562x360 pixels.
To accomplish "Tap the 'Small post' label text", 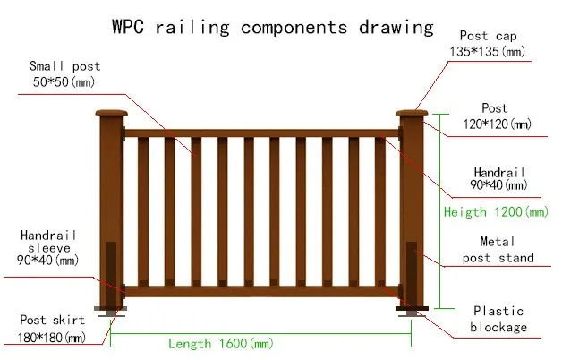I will pyautogui.click(x=65, y=66).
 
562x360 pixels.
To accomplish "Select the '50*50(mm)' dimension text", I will pyautogui.click(x=64, y=82).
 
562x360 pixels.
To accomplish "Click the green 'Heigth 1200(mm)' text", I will pyautogui.click(x=496, y=212).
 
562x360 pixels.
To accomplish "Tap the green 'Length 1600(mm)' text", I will pyautogui.click(x=220, y=344).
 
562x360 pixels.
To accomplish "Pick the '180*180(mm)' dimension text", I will pyautogui.click(x=52, y=338).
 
